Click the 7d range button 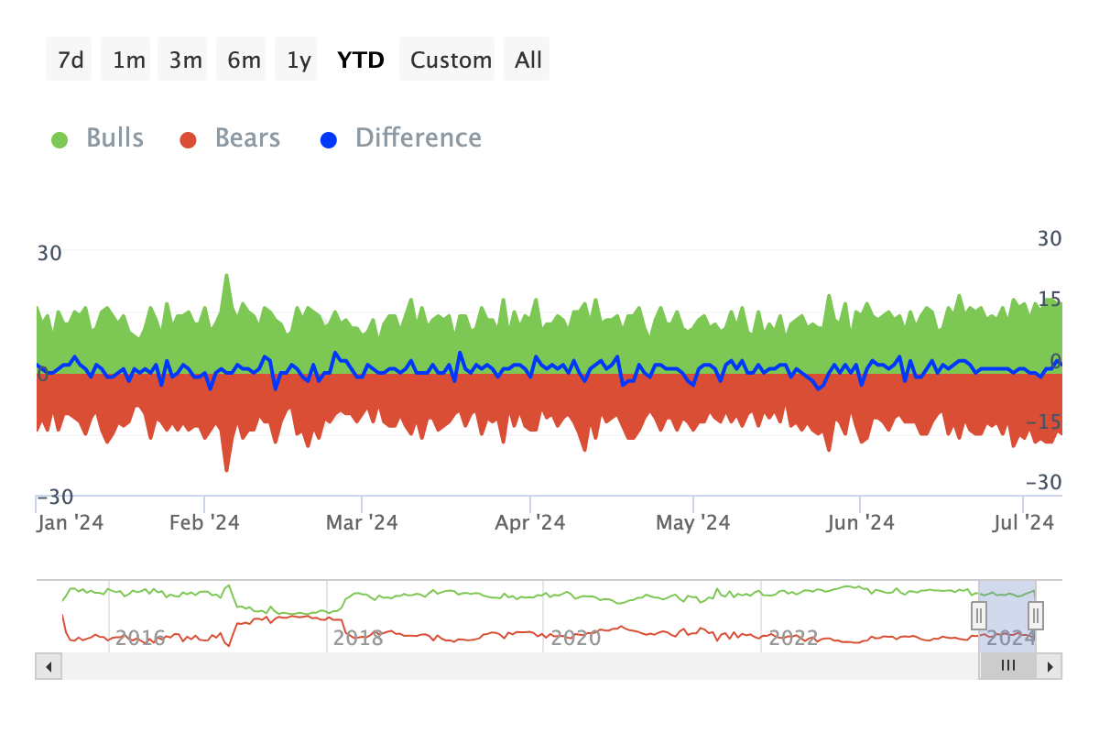click(71, 60)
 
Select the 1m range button click(128, 60)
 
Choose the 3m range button click(185, 60)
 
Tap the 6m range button click(244, 60)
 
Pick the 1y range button click(299, 60)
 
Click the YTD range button click(361, 60)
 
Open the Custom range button click(451, 60)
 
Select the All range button click(528, 60)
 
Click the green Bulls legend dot click(60, 139)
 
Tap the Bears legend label click(247, 138)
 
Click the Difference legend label click(419, 138)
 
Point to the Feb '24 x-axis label click(205, 522)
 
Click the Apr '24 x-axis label click(530, 522)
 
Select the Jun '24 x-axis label click(859, 522)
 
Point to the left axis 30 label click(49, 252)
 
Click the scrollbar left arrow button click(49, 666)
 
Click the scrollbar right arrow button click(1050, 666)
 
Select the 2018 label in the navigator click(358, 638)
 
